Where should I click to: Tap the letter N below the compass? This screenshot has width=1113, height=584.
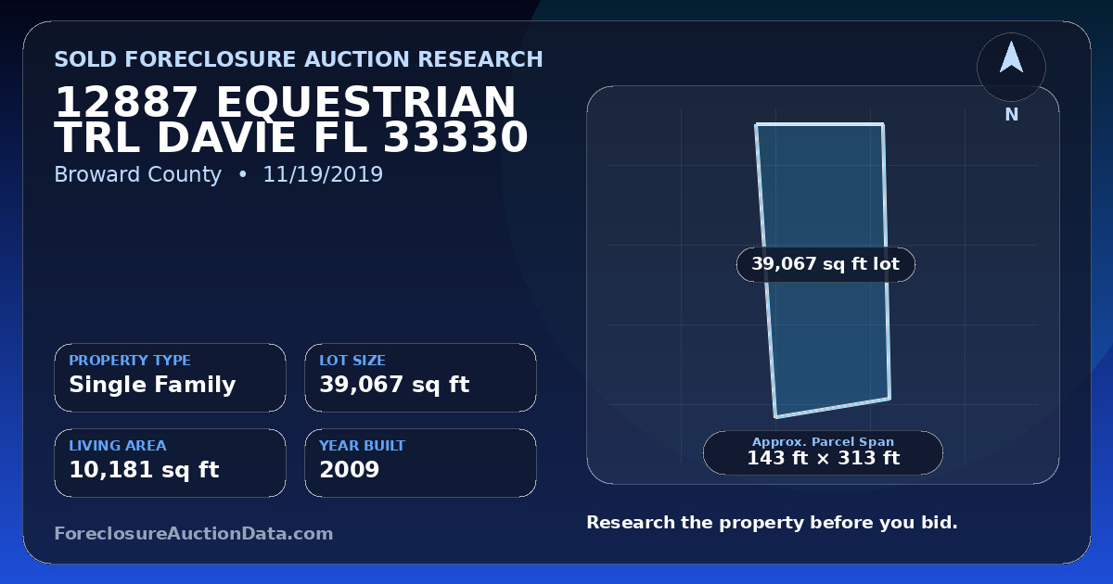tap(1012, 115)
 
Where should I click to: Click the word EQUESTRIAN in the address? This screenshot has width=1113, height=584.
tap(366, 102)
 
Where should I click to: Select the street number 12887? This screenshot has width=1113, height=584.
tap(126, 102)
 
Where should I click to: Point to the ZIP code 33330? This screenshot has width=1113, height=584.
tap(455, 137)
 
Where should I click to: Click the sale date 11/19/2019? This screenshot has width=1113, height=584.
tap(323, 174)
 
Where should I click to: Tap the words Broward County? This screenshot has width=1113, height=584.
tap(137, 175)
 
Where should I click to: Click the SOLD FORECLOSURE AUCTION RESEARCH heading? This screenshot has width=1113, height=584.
tap(299, 59)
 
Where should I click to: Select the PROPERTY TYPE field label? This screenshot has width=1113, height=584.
tap(130, 360)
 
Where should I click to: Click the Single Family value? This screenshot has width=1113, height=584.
tap(152, 385)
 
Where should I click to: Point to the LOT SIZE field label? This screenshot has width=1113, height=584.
tap(352, 360)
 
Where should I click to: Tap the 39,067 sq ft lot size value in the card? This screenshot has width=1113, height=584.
tap(394, 385)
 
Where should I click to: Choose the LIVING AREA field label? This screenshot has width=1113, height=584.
tap(118, 446)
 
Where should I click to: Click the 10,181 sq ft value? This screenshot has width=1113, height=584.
tap(144, 470)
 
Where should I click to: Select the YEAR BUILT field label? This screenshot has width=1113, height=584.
tap(363, 446)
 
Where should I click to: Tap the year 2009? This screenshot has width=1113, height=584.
tap(350, 470)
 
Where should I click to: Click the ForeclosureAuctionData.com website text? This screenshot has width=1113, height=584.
tap(194, 533)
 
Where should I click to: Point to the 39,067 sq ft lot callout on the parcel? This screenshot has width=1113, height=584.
tap(825, 264)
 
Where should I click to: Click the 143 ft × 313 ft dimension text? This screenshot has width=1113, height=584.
tap(824, 458)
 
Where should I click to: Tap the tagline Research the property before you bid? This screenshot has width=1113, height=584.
tap(772, 523)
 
